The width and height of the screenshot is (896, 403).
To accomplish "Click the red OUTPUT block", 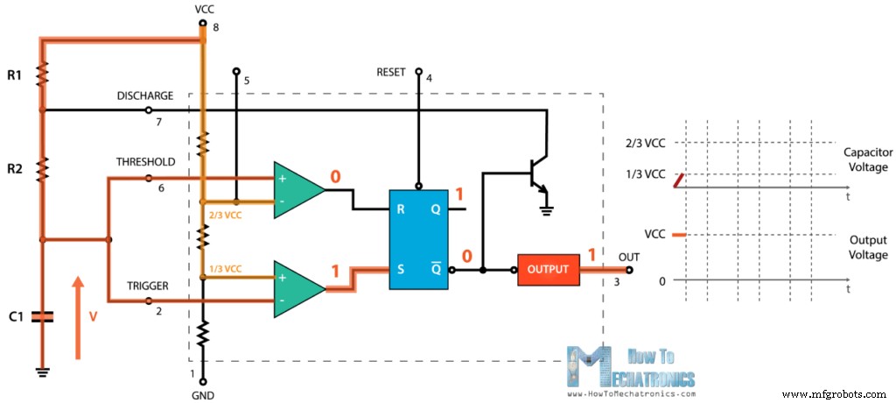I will tap(548, 269).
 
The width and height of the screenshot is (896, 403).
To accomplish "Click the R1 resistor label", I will tap(14, 76).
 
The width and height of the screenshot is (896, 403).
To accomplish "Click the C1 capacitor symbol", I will tap(40, 316).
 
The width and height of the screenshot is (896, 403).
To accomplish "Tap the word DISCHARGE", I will tap(145, 95).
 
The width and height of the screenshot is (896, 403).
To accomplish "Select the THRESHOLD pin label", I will tap(145, 162).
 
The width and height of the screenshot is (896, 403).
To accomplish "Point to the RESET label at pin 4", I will tap(391, 73).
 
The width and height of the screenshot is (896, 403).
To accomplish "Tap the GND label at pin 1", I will tap(203, 395).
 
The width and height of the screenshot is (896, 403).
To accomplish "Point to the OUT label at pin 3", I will tap(628, 257).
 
